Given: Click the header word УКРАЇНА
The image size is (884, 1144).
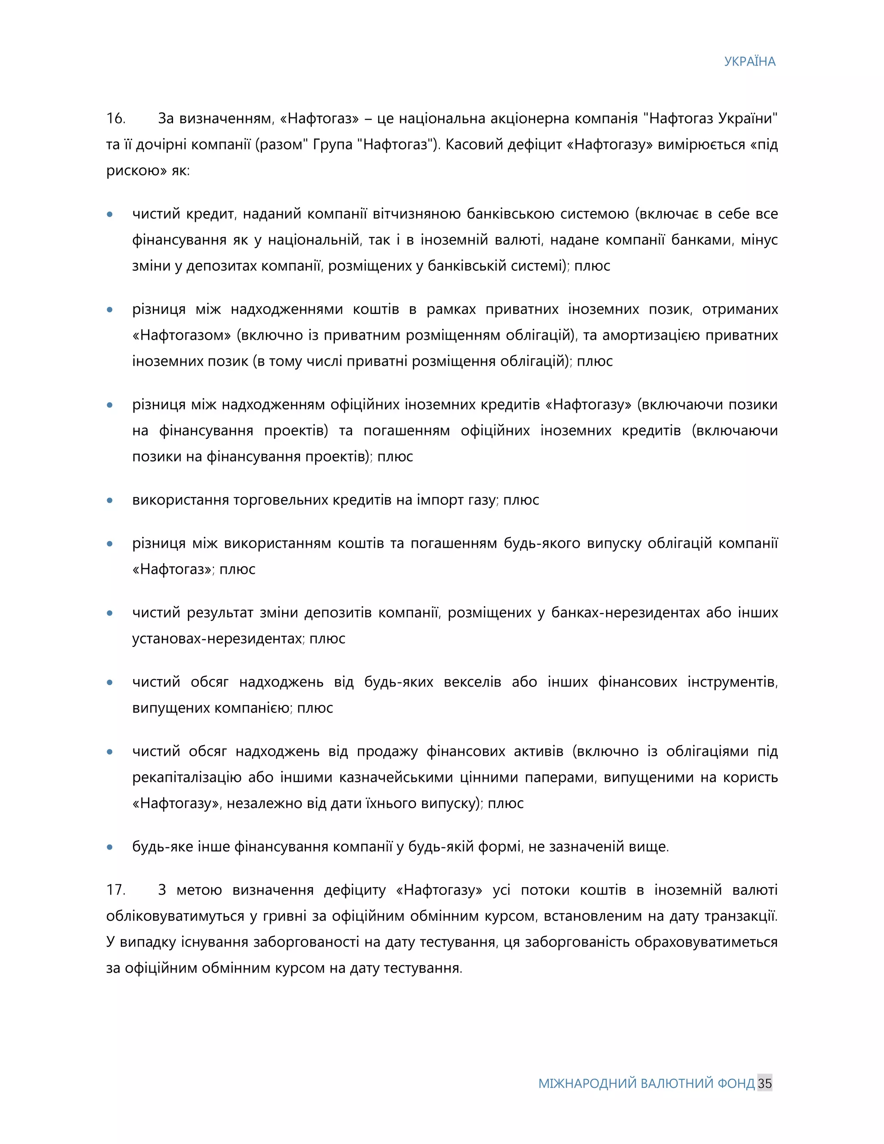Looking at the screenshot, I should pos(749,62).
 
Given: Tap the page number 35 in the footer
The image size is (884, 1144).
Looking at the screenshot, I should pos(764,1083).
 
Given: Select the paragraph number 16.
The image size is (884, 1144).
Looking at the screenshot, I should pos(116,118).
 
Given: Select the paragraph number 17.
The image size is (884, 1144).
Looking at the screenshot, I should pos(116,890).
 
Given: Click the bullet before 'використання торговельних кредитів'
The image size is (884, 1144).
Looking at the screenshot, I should pos(110,500).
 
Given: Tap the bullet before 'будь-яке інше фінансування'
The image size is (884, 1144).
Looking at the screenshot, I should pos(110,847).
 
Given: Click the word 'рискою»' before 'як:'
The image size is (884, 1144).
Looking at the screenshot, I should pos(137,171).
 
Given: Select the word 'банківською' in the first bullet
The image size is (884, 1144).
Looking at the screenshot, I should pos(510,214).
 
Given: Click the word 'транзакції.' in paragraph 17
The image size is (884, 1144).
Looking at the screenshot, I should pos(741,916).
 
